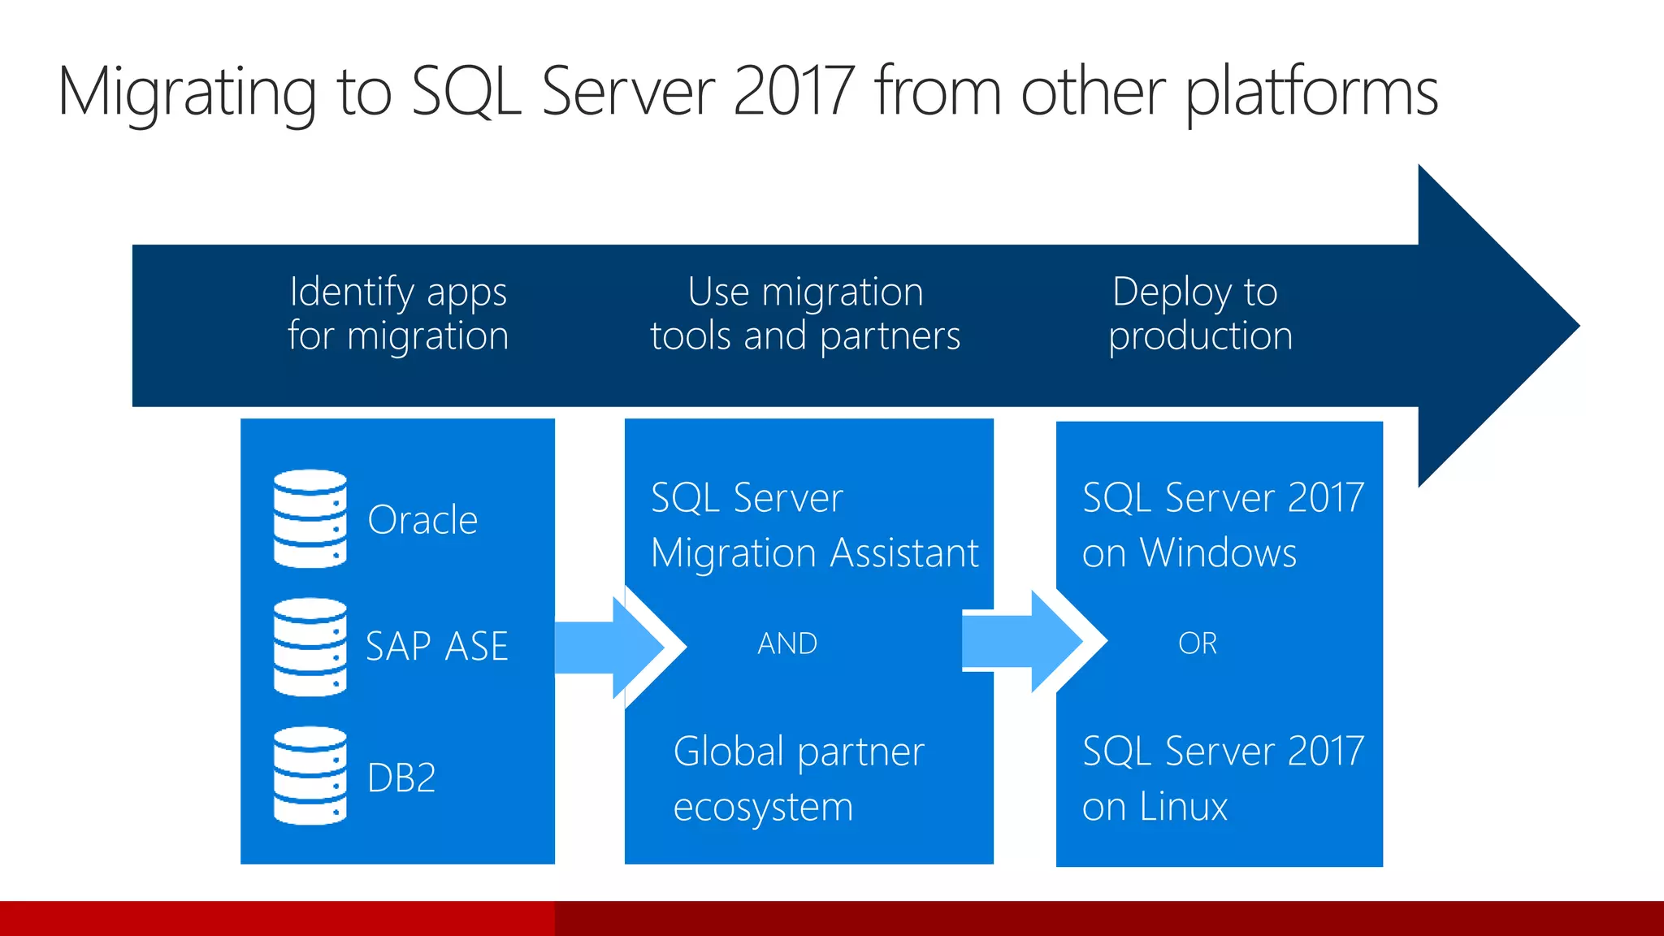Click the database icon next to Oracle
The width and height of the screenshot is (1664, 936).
[x=310, y=518]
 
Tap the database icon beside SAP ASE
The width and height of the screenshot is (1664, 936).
[x=310, y=647]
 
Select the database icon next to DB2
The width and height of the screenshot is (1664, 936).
[x=310, y=775]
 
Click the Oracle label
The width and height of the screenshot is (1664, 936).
[x=422, y=520]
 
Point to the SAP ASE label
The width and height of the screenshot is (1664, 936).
[x=437, y=647]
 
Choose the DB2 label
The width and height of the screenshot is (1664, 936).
[x=401, y=778]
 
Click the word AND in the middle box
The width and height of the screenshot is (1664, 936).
[x=787, y=643]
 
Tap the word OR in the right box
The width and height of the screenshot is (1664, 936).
[x=1198, y=643]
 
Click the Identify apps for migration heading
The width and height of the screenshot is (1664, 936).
[x=398, y=314]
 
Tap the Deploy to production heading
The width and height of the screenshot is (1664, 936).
[x=1199, y=314]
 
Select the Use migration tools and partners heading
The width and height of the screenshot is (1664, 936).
[x=805, y=314]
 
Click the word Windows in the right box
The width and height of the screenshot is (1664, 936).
[x=1218, y=553]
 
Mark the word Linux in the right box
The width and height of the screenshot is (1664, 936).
[x=1183, y=807]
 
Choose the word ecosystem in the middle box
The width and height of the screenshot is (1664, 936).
[x=763, y=808]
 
